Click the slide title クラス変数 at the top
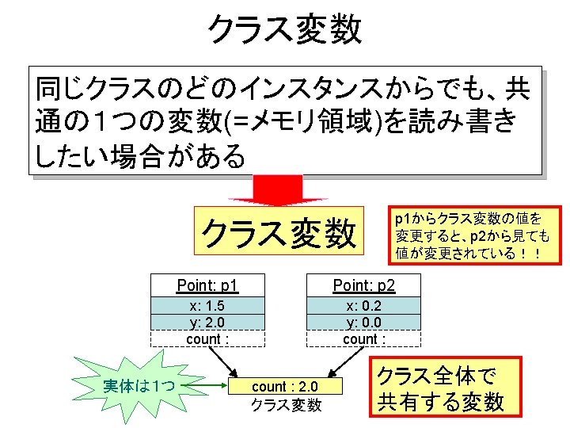(x=284, y=29)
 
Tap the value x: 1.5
(x=207, y=307)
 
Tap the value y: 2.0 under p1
(x=207, y=323)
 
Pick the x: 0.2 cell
(x=364, y=307)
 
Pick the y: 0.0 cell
(x=364, y=323)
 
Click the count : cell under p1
(x=207, y=339)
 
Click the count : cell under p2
(x=364, y=339)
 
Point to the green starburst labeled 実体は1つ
(x=139, y=386)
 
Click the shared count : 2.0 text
(x=285, y=387)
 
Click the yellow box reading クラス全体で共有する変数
(x=440, y=388)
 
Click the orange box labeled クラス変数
(x=278, y=233)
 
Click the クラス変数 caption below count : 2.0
(x=286, y=404)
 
